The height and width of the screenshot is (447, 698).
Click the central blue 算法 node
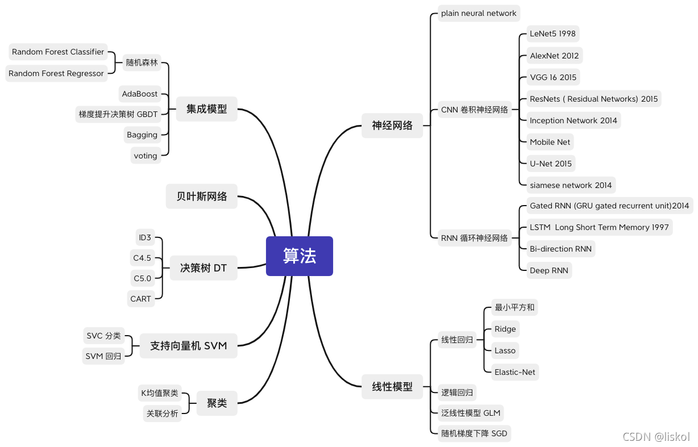pos(300,256)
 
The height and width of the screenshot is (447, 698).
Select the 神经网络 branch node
pos(392,126)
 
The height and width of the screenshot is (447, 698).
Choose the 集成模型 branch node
pos(207,109)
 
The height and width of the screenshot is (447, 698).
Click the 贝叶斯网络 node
pos(202,197)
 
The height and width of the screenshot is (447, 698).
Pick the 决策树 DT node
pos(203,268)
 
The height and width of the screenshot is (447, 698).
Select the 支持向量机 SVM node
pos(188,345)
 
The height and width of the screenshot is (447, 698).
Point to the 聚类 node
pos(217,403)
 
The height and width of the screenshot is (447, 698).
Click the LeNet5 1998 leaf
pos(552,34)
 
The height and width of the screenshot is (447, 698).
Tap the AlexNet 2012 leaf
pos(554,56)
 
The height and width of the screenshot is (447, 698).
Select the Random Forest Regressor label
pos(56,73)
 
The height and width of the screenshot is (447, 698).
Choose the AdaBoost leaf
pos(140,94)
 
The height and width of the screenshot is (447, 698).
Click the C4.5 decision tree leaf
pos(142,258)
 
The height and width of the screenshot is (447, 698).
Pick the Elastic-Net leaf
pos(515,372)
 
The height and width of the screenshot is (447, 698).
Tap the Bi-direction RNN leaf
pos(560,249)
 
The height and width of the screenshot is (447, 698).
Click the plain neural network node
pos(479,13)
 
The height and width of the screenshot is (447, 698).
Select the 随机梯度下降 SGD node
pos(474,434)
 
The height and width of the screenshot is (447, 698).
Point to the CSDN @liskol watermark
pos(656,437)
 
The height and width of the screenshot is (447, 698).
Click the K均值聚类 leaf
pos(160,393)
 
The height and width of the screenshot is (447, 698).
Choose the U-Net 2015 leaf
pos(551,164)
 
